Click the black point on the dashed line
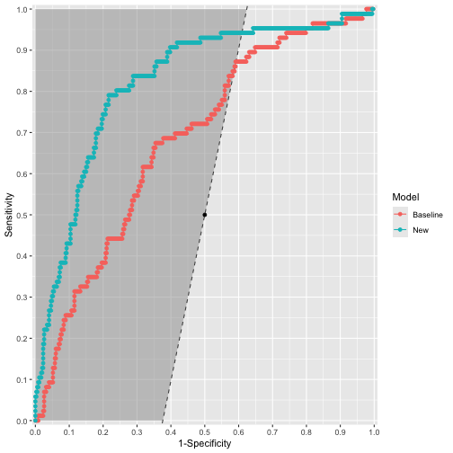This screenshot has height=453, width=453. point(204,215)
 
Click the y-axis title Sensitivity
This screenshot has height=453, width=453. point(10,216)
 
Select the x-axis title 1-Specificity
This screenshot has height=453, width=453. point(204,444)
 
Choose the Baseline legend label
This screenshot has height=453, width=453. point(428,216)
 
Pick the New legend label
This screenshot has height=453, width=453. point(421,231)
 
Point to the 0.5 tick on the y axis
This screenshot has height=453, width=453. point(31,215)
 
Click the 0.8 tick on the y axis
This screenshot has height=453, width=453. point(31,92)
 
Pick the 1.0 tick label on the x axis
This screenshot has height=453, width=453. point(373,431)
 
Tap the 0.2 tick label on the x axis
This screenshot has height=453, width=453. point(102,431)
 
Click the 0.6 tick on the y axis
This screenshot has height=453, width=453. point(31,174)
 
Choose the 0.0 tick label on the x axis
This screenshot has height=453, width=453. point(35,431)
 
